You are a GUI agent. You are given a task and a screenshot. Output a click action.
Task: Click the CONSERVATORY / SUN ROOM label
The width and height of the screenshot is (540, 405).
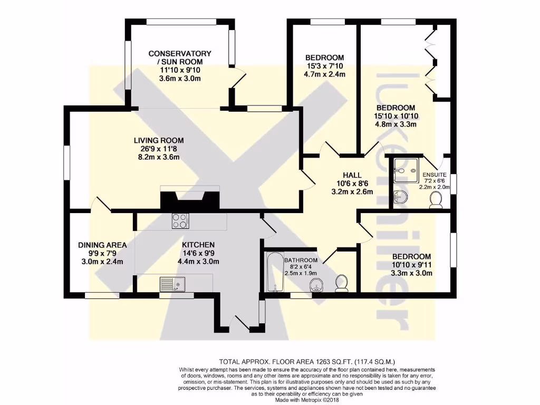(x=180, y=57)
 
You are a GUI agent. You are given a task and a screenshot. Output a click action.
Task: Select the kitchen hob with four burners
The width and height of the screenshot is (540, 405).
(x=180, y=221)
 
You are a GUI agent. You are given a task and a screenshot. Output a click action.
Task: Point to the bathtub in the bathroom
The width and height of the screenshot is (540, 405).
(x=273, y=272)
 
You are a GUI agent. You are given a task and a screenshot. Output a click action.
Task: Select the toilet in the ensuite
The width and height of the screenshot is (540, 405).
(x=436, y=200)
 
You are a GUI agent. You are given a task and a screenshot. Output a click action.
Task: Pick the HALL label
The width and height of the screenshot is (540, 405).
(x=352, y=175)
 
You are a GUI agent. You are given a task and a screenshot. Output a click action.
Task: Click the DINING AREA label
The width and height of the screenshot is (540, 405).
(x=102, y=245)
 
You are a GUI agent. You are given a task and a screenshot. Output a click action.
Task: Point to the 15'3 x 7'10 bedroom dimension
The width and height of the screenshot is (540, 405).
(x=325, y=66)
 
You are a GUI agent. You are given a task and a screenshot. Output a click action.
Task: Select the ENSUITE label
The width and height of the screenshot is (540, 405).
(x=434, y=175)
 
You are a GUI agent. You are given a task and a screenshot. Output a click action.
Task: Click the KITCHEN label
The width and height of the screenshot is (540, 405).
(x=198, y=245)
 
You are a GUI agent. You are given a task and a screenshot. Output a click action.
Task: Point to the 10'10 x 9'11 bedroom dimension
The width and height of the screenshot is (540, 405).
(x=404, y=264)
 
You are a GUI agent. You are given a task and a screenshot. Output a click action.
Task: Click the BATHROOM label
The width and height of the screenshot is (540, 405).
(x=301, y=260)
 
